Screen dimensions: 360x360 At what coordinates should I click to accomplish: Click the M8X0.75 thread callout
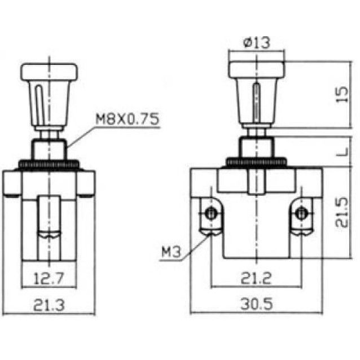coord(127,119)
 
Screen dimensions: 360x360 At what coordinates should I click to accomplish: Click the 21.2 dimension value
coord(257,277)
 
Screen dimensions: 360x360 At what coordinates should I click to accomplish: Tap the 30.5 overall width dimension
coord(257,304)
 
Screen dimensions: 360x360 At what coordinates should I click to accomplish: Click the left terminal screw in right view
coord(211,213)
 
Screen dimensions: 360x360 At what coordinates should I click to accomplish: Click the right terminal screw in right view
coord(302,213)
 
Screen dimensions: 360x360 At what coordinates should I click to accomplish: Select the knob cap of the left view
coord(50,72)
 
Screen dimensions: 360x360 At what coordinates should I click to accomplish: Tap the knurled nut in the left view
coord(50,164)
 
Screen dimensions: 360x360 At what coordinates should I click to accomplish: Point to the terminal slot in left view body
coord(49,220)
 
